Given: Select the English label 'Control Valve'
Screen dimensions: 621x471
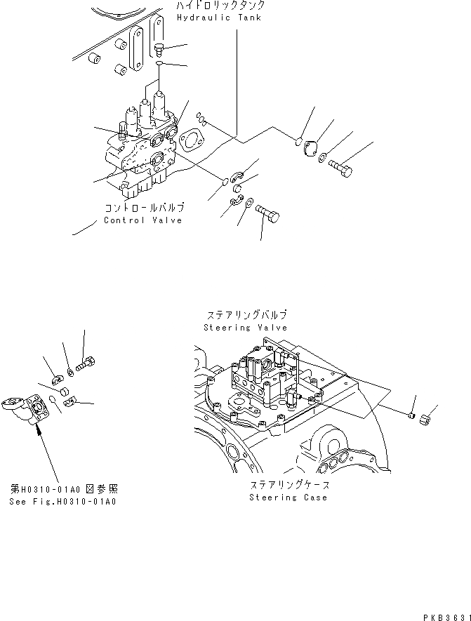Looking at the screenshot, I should pyautogui.click(x=142, y=220).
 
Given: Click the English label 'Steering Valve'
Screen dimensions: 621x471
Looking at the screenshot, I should pyautogui.click(x=245, y=328).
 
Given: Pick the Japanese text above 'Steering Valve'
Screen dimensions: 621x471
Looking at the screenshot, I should pyautogui.click(x=246, y=316).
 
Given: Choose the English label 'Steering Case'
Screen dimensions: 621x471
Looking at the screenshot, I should pyautogui.click(x=288, y=498).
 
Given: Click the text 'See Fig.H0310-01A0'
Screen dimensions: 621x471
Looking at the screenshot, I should pyautogui.click(x=63, y=502).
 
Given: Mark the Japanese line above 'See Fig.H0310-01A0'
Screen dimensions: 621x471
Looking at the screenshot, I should pyautogui.click(x=63, y=489).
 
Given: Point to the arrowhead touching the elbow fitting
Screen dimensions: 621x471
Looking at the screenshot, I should pyautogui.click(x=39, y=427).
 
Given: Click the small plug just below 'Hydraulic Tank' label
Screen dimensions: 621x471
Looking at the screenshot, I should pyautogui.click(x=159, y=48).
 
